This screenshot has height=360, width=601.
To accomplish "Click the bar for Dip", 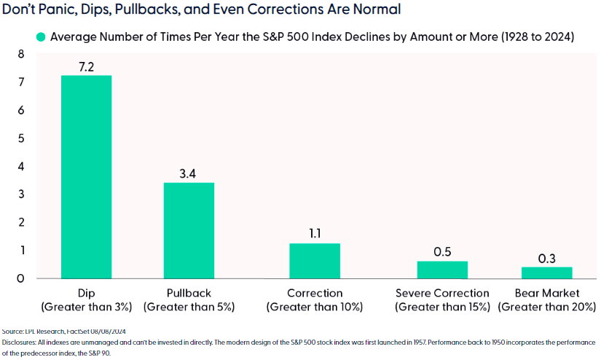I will point(86,176).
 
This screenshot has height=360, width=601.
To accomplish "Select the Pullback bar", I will point(189,230).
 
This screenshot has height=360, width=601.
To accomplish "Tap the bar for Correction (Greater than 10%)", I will point(314,260).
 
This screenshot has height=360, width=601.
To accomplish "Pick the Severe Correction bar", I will point(442,270).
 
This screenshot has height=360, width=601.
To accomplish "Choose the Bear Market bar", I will point(546,272).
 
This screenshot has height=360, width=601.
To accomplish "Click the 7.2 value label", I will point(86,67).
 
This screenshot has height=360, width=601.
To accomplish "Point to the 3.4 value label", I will point(189,173).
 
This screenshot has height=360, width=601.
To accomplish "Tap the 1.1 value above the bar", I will point(314,234).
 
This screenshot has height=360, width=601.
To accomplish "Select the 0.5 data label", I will point(442,251).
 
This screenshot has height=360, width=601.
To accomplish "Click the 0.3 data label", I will point(546,257).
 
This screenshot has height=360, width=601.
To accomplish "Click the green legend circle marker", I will point(41,36).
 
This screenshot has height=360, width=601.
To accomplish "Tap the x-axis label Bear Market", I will point(546,293).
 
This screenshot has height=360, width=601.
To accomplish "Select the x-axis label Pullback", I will point(189,293).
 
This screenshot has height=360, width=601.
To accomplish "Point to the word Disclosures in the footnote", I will point(20,341).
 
